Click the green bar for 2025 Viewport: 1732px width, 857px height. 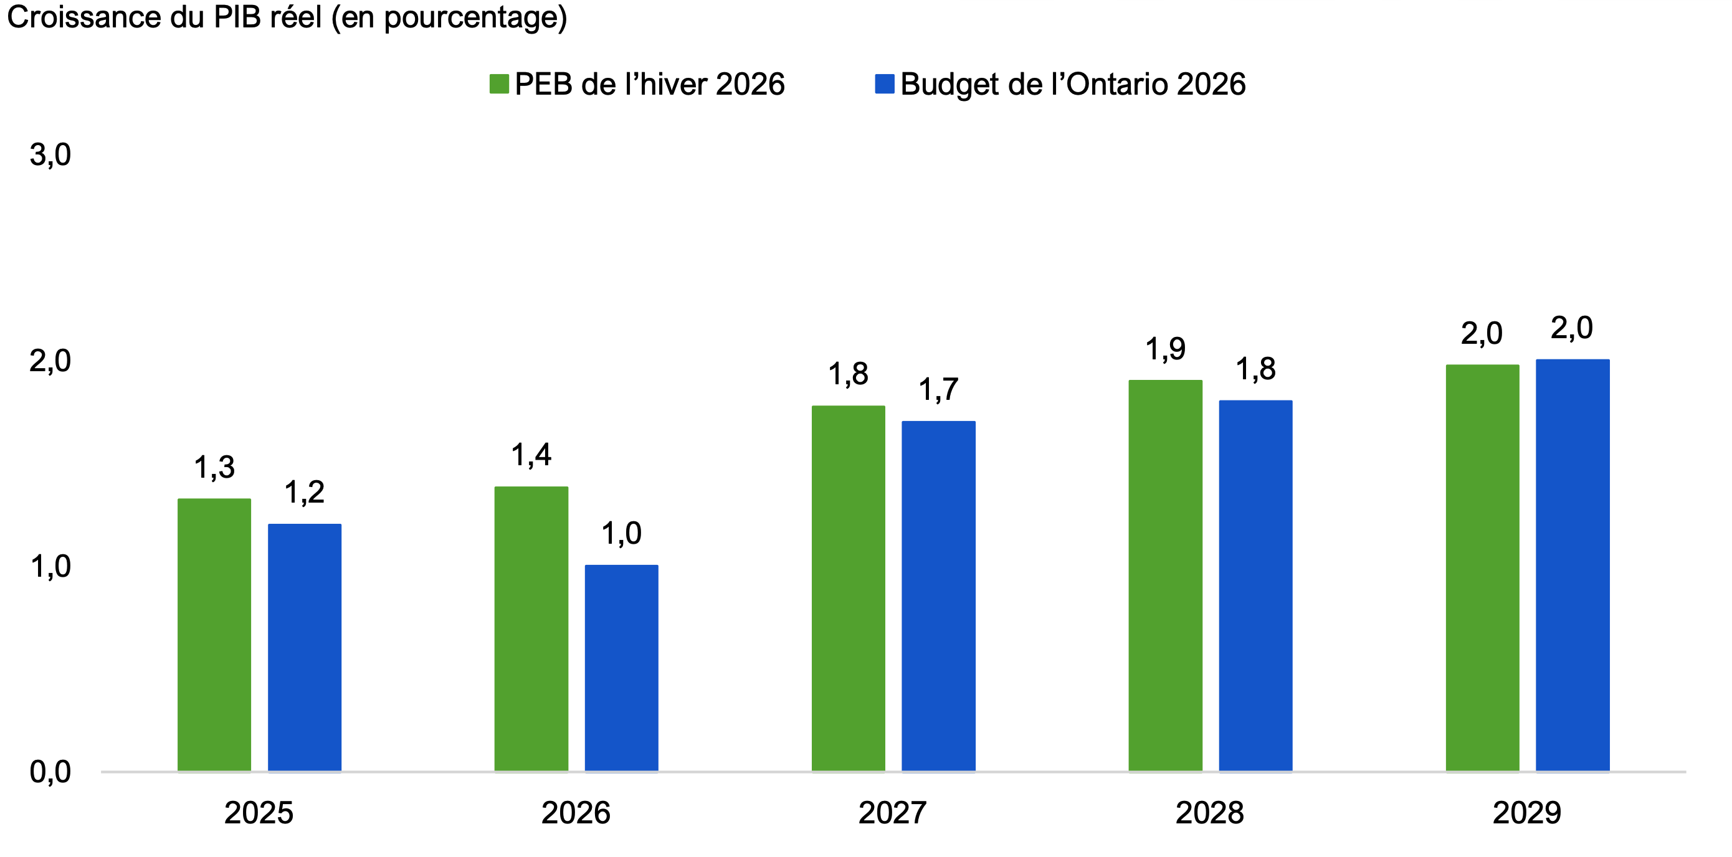point(214,635)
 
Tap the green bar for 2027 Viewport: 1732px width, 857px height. point(848,588)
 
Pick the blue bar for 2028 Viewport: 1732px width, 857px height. point(1255,585)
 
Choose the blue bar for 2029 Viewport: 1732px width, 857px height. point(1572,565)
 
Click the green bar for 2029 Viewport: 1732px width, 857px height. point(1482,567)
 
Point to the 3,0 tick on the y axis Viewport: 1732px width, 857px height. point(50,155)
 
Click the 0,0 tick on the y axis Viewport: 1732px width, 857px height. point(50,772)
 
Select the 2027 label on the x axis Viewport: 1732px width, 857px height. point(892,813)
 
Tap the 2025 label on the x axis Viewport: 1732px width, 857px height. point(259,813)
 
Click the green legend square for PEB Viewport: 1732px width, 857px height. point(499,84)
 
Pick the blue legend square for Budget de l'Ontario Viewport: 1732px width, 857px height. point(884,84)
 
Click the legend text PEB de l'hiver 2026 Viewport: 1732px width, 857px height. point(649,85)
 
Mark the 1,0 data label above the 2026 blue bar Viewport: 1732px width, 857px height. point(621,534)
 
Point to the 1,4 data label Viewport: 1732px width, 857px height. point(531,455)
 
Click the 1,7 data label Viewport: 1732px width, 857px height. point(938,390)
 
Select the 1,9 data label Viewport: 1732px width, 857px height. point(1165,349)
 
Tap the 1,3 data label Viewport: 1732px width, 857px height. point(214,467)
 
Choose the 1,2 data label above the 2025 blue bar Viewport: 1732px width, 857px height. point(305,493)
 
